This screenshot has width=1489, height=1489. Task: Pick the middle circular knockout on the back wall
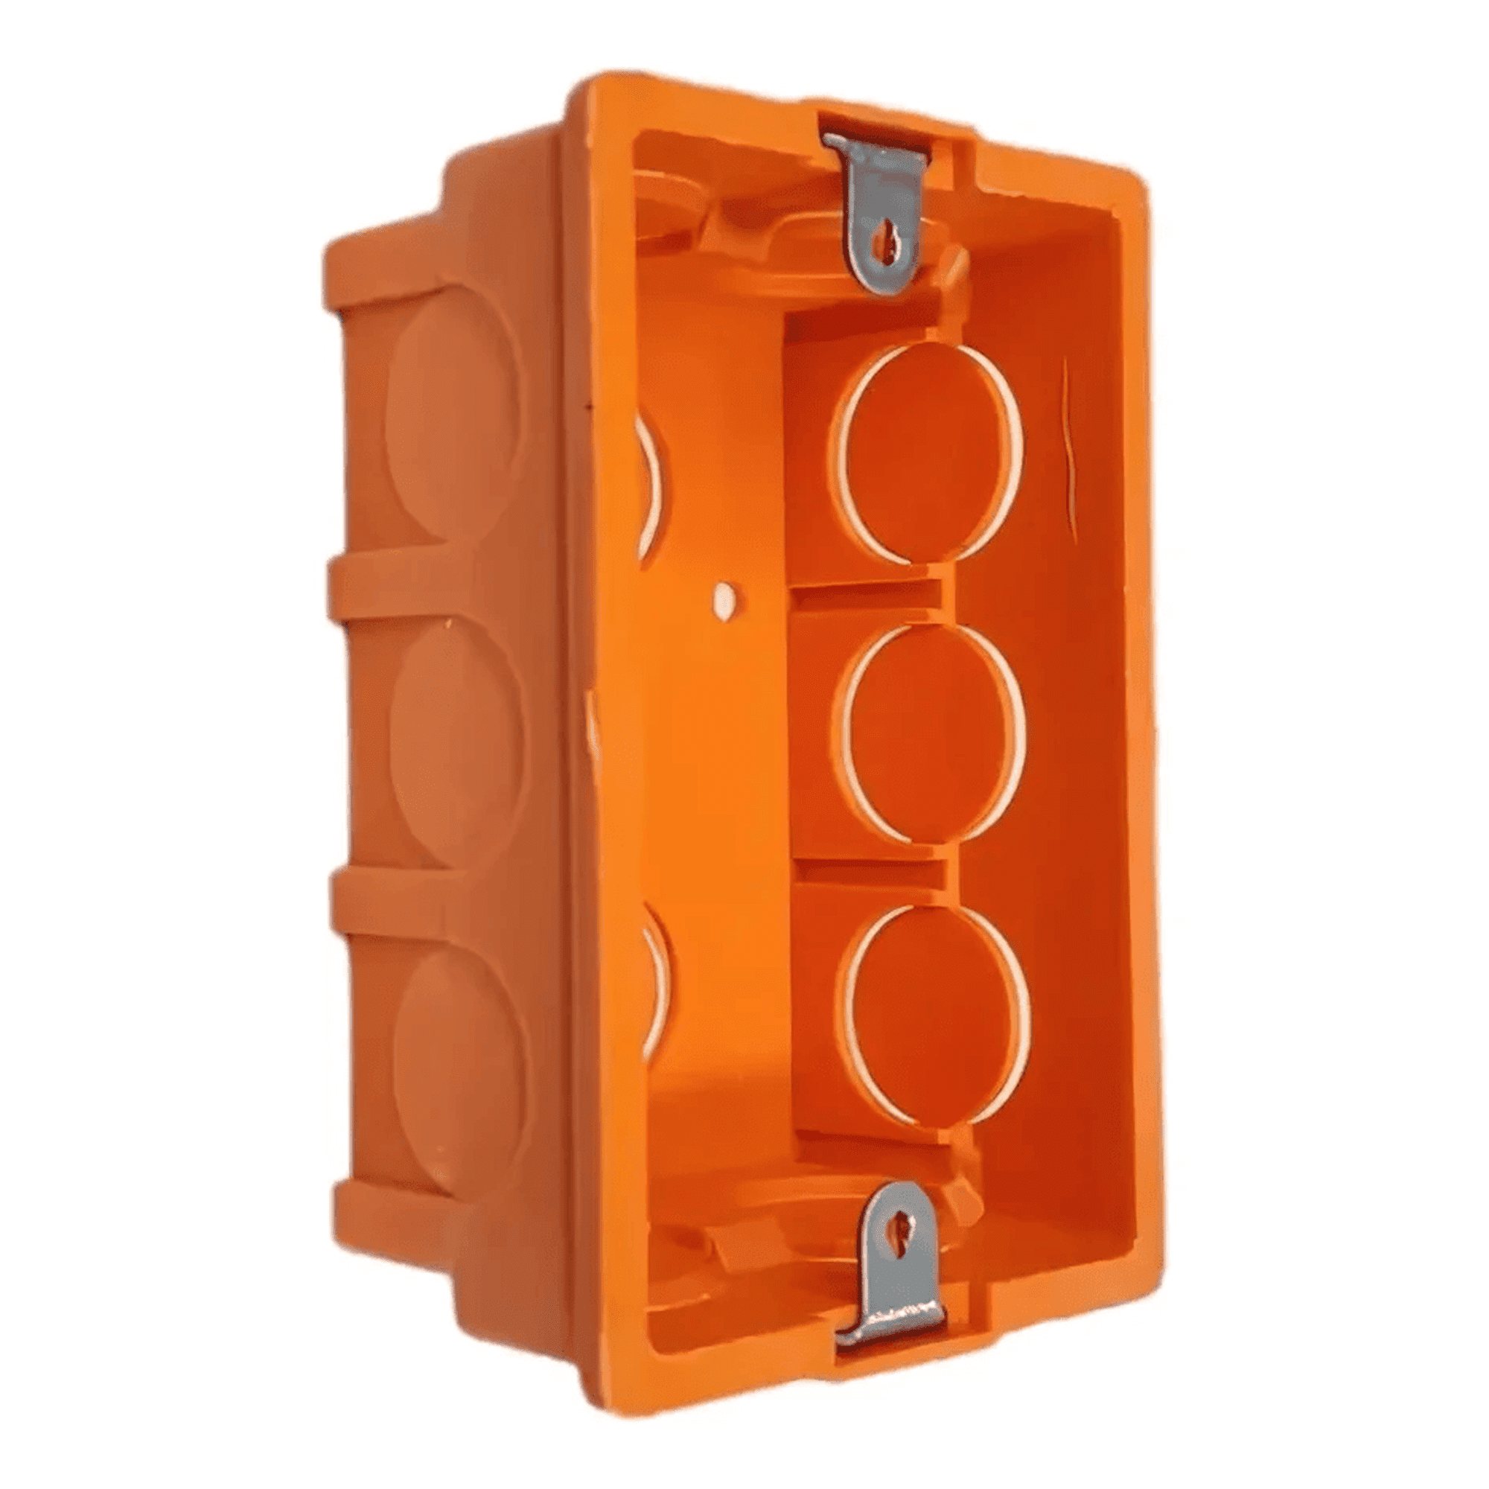pyautogui.click(x=934, y=732)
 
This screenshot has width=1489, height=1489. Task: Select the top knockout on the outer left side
pyautogui.click(x=451, y=416)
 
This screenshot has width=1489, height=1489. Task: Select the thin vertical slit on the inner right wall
pyautogui.click(x=1069, y=455)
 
